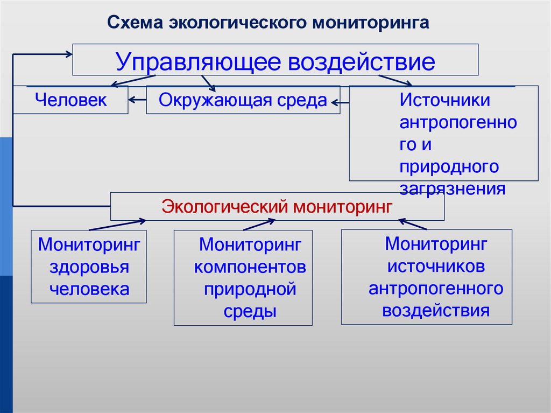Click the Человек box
click(70, 100)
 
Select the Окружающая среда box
click(243, 100)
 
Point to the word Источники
click(444, 101)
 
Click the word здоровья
click(89, 267)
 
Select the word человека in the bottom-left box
click(89, 289)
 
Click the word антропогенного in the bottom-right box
click(436, 288)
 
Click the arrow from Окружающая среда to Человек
click(137, 99)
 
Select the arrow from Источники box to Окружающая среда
click(340, 101)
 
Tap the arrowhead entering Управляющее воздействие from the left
click(68, 53)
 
